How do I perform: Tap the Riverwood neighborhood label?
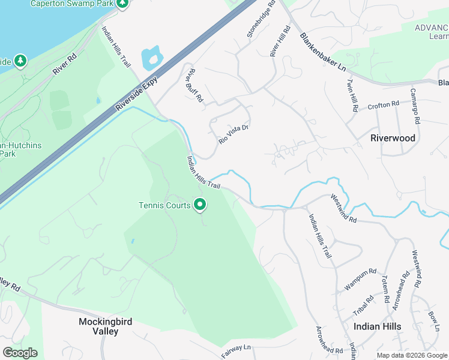tap(393, 138)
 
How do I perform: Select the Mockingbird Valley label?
tap(106, 326)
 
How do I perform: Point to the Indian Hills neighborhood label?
tap(378, 326)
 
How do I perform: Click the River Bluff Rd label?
tap(196, 88)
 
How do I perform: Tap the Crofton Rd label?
tap(384, 104)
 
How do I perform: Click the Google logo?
tap(20, 353)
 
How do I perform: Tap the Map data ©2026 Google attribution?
tap(411, 355)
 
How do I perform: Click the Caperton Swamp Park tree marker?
tap(122, 4)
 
